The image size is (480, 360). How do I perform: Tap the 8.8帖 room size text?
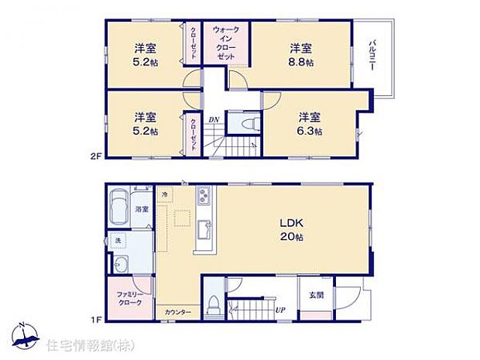click(x=302, y=61)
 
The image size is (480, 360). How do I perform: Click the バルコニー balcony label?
click(x=372, y=53)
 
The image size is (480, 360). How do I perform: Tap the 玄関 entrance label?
click(x=317, y=294)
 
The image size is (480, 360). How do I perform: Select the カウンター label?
click(x=178, y=312)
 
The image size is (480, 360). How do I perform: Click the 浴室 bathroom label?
click(x=142, y=210)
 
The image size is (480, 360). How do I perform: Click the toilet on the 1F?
click(x=213, y=305)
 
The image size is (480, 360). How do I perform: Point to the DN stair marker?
click(x=213, y=119)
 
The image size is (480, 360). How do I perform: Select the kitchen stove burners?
click(x=204, y=195)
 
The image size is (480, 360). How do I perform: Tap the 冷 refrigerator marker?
click(x=165, y=194)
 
